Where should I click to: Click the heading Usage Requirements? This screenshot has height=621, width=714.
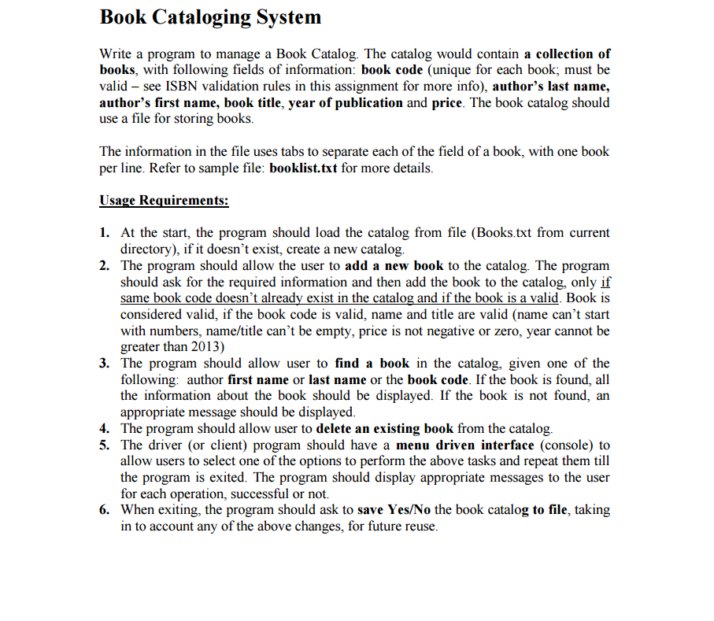[x=164, y=200]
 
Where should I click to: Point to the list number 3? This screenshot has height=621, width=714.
[x=104, y=364]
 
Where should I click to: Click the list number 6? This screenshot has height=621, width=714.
[x=104, y=510]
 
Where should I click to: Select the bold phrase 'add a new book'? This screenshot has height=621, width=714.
[x=394, y=266]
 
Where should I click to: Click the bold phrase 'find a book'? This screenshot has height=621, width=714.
[x=372, y=364]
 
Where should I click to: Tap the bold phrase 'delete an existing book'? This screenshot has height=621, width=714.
[x=384, y=429]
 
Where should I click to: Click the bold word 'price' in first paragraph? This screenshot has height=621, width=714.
[x=447, y=103]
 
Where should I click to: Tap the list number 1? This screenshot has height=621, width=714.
[x=104, y=233]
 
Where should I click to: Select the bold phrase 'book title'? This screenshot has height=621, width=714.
[x=253, y=103]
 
